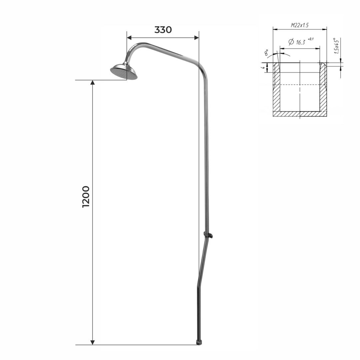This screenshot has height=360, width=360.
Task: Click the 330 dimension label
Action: tap(163, 30)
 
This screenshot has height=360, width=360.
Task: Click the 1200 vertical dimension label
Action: tap(86, 197)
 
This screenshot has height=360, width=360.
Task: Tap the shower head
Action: tap(124, 71)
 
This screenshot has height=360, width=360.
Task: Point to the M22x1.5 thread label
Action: tap(300, 25)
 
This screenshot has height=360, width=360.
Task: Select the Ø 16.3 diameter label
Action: tap(297, 42)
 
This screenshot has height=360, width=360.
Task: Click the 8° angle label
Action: tap(266, 52)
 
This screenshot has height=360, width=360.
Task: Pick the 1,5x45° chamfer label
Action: tap(336, 46)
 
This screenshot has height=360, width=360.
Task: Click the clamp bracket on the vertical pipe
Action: tap(208, 235)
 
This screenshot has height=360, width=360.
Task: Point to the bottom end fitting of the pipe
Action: tap(199, 343)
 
